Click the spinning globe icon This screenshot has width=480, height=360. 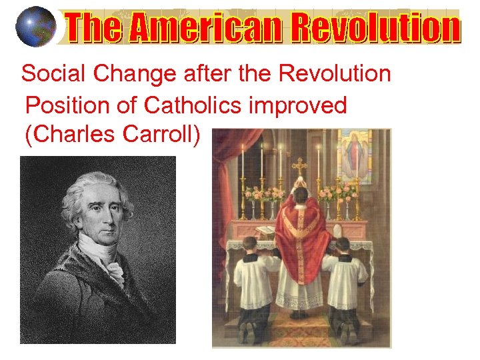click(x=35, y=27)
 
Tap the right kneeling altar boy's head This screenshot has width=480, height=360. click(x=343, y=245)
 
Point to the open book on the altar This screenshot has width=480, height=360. click(x=265, y=230)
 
